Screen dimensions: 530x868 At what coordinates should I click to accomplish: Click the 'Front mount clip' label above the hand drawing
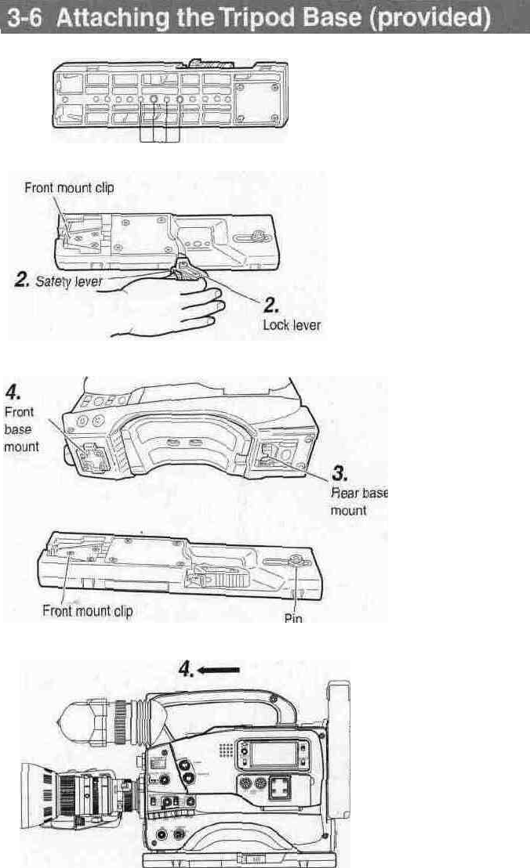[x=69, y=188]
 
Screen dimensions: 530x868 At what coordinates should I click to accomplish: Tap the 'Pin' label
[x=290, y=617]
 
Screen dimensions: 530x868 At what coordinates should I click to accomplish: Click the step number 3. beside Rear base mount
[x=342, y=473]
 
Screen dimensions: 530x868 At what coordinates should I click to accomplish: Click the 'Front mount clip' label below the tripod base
[x=88, y=611]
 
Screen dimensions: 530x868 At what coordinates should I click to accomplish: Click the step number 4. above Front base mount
[x=14, y=389]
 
